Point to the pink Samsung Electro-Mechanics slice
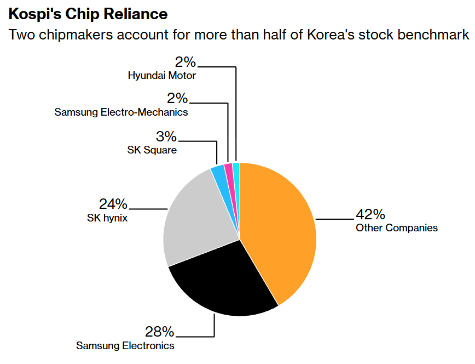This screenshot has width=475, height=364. (231, 182)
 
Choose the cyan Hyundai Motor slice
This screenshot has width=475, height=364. (237, 182)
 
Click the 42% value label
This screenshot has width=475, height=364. (370, 214)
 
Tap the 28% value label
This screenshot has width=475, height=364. (159, 332)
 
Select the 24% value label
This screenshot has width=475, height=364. (113, 204)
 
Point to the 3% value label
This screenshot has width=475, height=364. (166, 136)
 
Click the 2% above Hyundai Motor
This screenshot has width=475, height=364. (186, 62)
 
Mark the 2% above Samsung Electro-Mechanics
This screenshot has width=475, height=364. (177, 98)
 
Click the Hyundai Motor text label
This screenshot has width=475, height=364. (162, 75)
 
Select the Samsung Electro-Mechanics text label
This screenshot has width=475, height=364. (121, 112)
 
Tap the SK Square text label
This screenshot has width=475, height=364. (152, 150)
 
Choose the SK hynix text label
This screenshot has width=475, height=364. (107, 218)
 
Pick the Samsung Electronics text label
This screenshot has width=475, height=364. (125, 345)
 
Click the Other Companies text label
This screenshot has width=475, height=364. (397, 228)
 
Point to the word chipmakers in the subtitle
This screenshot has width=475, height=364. (76, 35)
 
